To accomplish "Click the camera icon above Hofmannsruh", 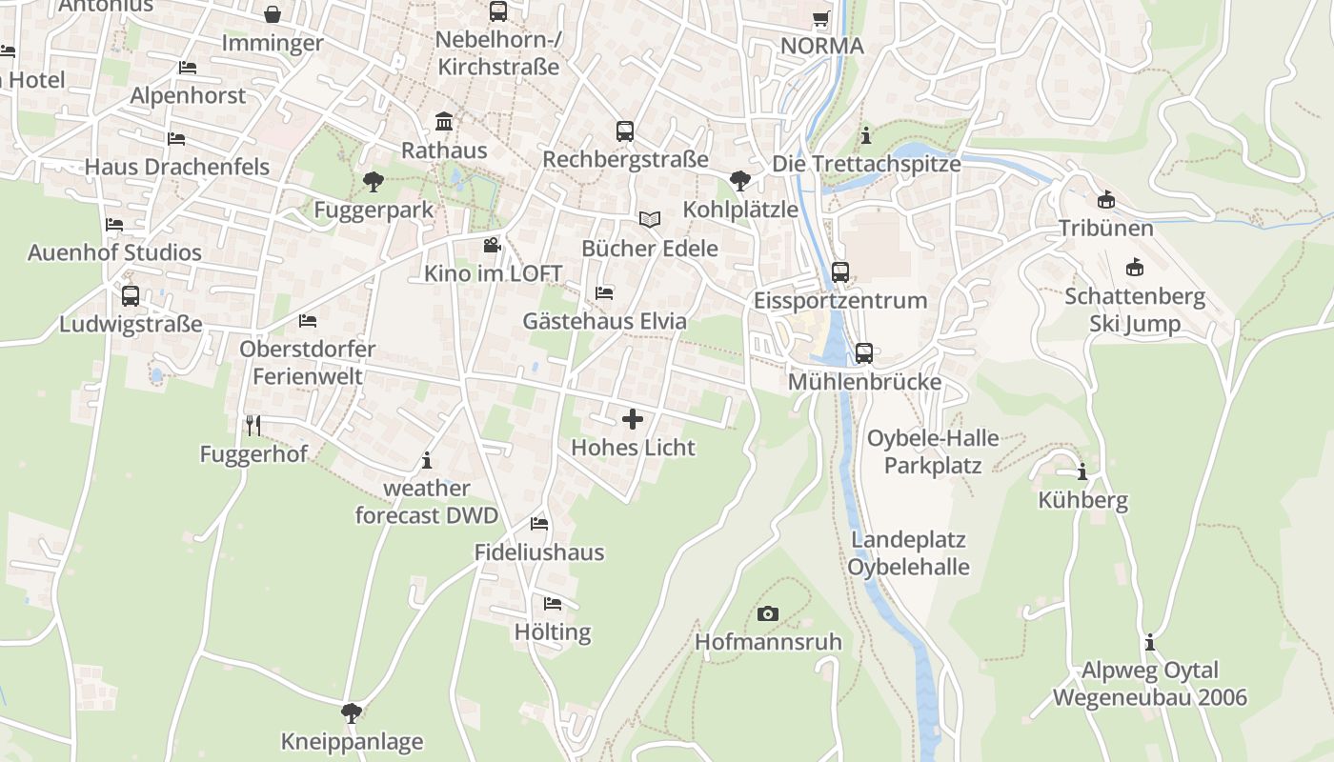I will coord(768,613).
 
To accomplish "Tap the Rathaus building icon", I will coord(444,122).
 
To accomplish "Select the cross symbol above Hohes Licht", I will coord(632,419).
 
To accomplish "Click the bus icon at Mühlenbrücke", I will coord(864,353).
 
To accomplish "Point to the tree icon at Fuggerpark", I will coord(374,181).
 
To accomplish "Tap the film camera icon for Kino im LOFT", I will coord(492,245).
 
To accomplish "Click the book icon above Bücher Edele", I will coord(650,220).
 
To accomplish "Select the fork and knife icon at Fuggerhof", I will coord(253,425).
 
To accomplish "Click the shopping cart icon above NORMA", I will coord(821,18).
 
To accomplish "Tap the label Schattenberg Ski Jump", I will coord(1135,311).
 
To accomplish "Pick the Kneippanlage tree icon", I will coord(352,712).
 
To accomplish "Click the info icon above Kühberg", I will coord(1082,472).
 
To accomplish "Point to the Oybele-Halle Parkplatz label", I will coord(933,451).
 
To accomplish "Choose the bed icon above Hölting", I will coord(553,603).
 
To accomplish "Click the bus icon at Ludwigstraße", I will coord(131,295).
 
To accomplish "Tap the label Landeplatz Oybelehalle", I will coord(909,553).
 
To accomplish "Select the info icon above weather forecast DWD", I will coord(426,460).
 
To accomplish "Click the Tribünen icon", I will coord(1105,200).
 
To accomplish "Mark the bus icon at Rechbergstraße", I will coord(625,130).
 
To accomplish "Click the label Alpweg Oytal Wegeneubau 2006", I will coord(1149,684).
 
